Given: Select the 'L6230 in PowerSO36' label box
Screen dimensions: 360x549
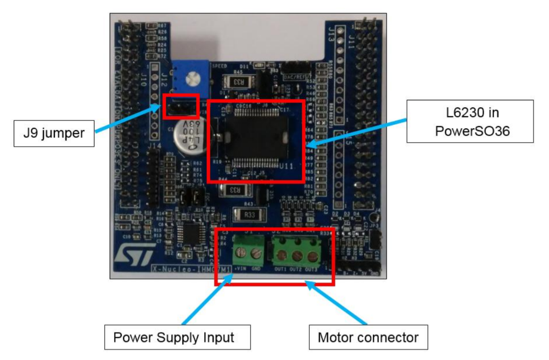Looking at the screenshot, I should click(471, 121).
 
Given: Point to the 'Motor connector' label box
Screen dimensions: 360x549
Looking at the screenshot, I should click(368, 337).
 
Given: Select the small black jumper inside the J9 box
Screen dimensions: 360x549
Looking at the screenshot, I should click(180, 106).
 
